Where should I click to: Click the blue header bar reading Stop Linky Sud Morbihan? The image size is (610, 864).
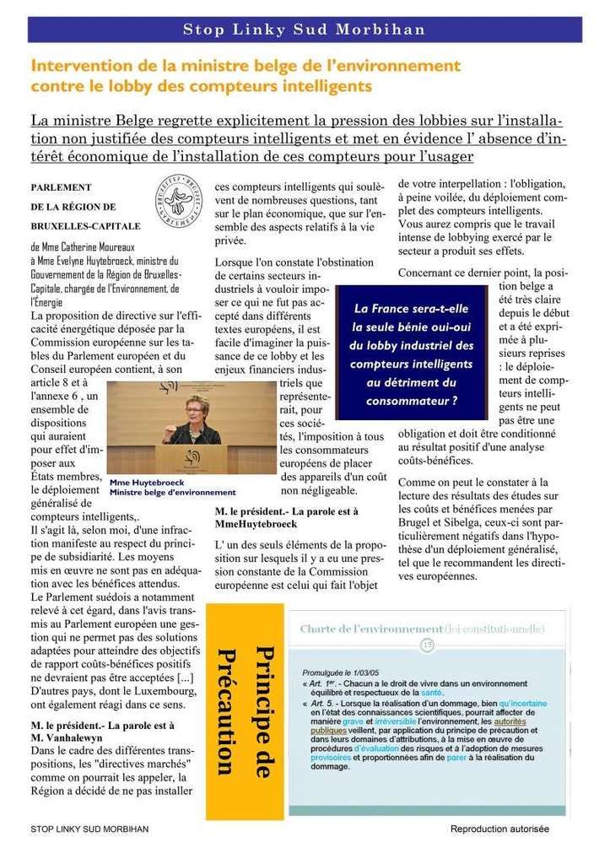point(305,31)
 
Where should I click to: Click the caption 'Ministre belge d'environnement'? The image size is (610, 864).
point(173,492)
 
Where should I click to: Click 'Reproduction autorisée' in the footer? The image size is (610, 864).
point(499,829)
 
